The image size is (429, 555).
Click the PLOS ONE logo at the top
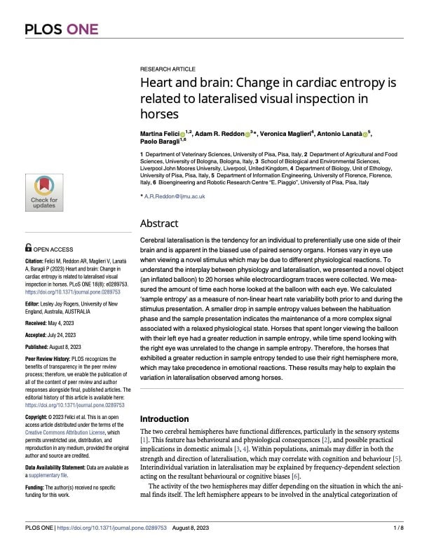61,29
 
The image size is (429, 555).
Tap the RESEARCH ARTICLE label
168,69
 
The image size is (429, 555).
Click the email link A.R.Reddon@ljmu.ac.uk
175,196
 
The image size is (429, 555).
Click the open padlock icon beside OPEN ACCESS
27,247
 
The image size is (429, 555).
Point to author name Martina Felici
159,133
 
